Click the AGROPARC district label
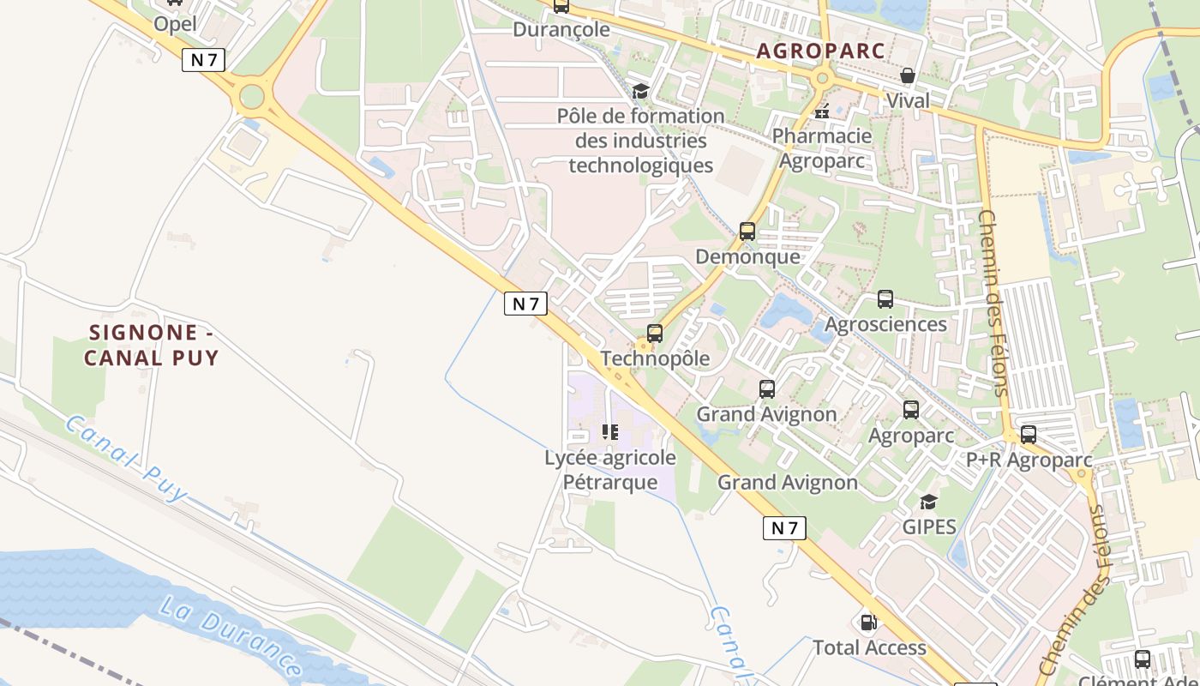tap(820, 51)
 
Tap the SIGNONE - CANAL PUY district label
tap(152, 345)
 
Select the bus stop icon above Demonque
tap(747, 231)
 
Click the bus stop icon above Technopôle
tap(655, 334)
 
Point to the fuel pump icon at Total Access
tap(868, 623)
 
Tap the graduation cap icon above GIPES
tap(928, 502)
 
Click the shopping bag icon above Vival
tap(908, 76)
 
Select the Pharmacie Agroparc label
tap(821, 147)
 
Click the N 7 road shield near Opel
tap(204, 60)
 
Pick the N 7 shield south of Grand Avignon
tap(784, 528)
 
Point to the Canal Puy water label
tap(125, 458)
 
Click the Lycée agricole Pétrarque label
tap(610, 469)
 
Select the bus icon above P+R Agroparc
tap(1029, 435)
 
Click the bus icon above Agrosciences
tap(885, 299)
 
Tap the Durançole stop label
tap(561, 29)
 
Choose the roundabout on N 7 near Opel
tap(252, 96)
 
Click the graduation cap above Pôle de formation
tap(640, 92)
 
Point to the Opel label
tap(175, 23)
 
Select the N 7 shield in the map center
tap(525, 304)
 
